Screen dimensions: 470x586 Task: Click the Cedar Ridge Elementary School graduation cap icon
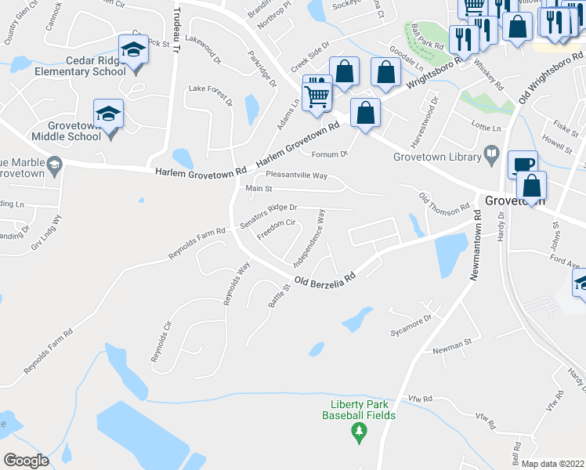[x=133, y=50]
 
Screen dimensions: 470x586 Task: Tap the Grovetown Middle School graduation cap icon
[x=108, y=114]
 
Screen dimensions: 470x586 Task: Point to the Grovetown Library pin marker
[x=491, y=151]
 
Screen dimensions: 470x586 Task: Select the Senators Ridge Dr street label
[x=269, y=214]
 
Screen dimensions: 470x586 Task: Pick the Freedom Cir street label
[x=276, y=228]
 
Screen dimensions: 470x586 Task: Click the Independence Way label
[x=309, y=240]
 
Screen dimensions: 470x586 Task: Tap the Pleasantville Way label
[x=296, y=175]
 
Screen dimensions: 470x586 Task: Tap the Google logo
[x=26, y=461]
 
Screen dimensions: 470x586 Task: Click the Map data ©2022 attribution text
[x=552, y=464]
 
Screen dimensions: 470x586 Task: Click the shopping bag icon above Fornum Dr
[x=365, y=114]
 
